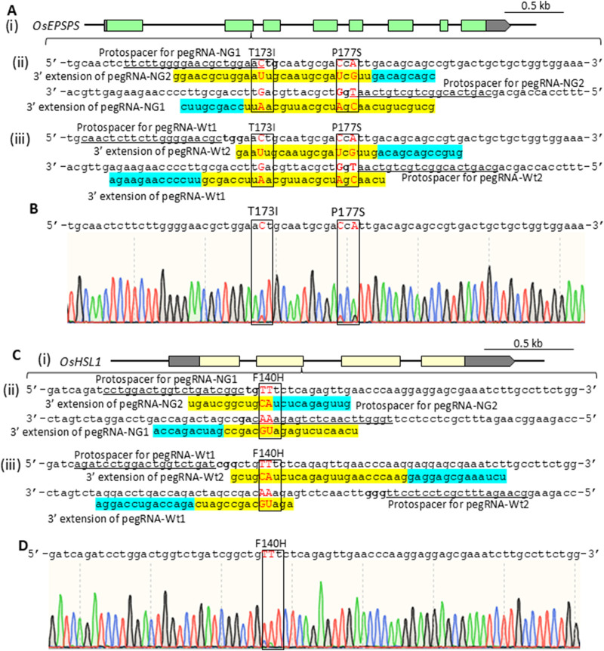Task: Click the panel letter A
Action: coord(11,6)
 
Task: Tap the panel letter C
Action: coord(11,349)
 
